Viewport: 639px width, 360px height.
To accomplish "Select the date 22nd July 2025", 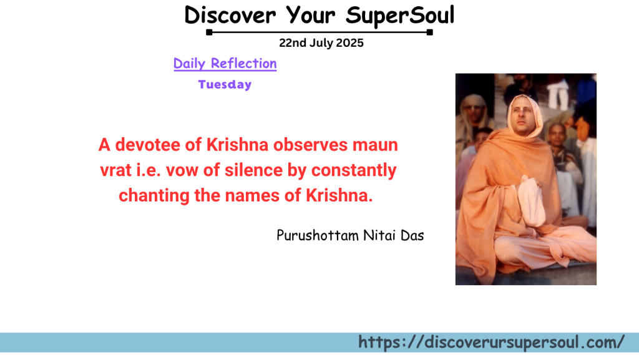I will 321,44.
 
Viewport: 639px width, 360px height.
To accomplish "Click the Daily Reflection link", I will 225,64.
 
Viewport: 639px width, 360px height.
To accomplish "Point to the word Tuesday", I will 225,85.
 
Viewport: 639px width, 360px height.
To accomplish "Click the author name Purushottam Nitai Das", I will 350,236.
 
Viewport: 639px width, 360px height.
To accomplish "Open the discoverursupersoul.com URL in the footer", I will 491,343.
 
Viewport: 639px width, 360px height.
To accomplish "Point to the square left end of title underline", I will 210,32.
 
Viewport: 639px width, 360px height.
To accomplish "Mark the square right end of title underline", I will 430,32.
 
